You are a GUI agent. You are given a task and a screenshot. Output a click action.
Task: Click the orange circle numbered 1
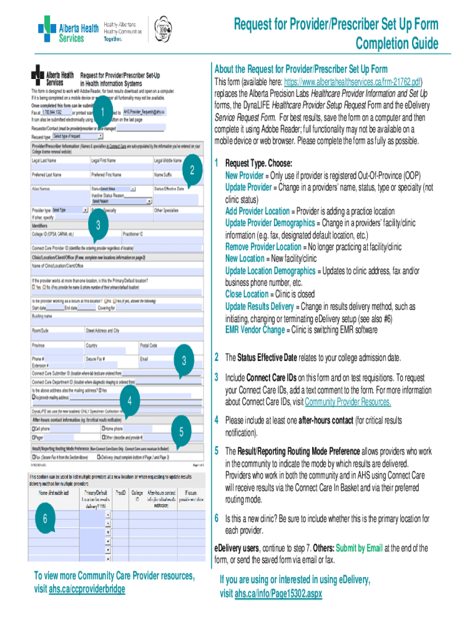click(x=97, y=111)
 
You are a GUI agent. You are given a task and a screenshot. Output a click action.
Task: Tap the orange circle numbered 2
click(x=192, y=170)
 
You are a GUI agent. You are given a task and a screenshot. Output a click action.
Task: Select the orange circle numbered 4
click(x=130, y=402)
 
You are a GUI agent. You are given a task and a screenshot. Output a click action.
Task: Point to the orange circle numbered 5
click(x=181, y=433)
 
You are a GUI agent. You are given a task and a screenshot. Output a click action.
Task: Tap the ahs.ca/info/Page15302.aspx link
click(x=279, y=594)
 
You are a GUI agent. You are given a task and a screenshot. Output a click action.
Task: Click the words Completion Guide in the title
click(x=397, y=43)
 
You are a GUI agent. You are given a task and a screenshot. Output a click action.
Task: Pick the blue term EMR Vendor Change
click(x=255, y=330)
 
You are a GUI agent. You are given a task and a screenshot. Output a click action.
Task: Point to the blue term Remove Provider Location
click(x=263, y=246)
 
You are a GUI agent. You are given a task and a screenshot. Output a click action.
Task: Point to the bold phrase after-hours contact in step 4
click(x=330, y=420)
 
